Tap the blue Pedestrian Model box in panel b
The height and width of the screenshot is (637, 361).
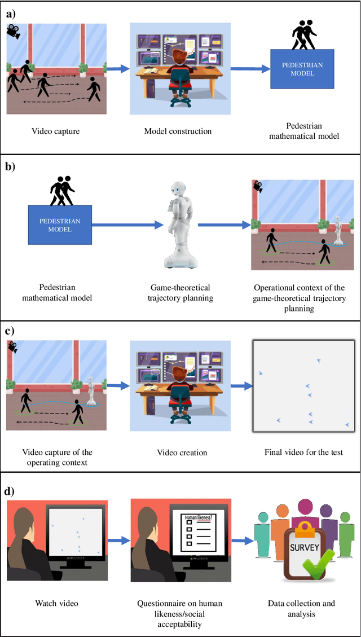60,225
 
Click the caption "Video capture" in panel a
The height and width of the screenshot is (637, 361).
55,131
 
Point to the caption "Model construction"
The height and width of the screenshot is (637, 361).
178,131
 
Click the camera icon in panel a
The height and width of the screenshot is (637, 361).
12,32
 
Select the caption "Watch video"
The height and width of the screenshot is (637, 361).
55,603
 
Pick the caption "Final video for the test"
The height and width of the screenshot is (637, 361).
304,452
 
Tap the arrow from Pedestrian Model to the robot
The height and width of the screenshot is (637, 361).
121,225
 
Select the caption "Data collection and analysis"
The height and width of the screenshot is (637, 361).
302,608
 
